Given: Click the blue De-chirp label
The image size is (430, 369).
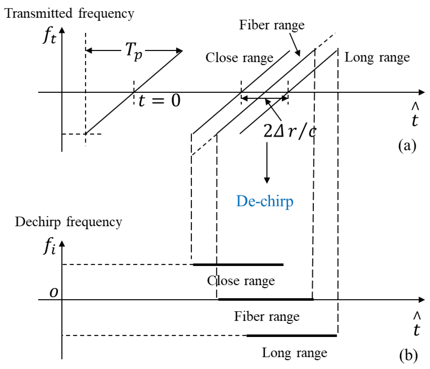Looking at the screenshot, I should [x=265, y=201].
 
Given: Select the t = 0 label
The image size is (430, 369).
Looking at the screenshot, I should [x=159, y=101].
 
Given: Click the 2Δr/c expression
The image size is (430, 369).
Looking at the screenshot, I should [x=290, y=131].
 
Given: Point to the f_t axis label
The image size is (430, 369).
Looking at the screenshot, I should [x=50, y=36].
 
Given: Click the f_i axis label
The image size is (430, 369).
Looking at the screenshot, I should [x=50, y=246].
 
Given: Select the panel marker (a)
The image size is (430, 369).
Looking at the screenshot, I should [x=407, y=146].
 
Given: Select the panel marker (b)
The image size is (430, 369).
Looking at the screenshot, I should [x=408, y=355].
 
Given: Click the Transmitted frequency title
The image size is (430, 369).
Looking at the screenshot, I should [x=69, y=13].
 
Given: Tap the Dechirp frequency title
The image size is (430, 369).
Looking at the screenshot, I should [x=68, y=222].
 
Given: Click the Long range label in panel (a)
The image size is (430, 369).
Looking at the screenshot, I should [x=377, y=57].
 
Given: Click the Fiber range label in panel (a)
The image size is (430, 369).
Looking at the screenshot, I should [x=272, y=25].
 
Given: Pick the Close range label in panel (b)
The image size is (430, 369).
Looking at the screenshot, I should [x=241, y=281].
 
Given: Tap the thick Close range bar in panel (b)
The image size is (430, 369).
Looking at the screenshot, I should [x=238, y=265].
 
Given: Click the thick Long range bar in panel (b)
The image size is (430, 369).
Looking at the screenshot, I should [x=291, y=336].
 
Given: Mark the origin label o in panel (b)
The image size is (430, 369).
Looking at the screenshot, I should [x=54, y=292].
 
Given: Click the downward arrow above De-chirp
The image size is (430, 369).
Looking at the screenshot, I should [x=267, y=163].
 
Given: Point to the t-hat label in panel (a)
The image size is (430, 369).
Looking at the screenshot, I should [x=415, y=115].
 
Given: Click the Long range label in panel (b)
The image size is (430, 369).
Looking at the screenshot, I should [x=294, y=353].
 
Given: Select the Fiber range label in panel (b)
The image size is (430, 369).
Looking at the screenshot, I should [x=267, y=316].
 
